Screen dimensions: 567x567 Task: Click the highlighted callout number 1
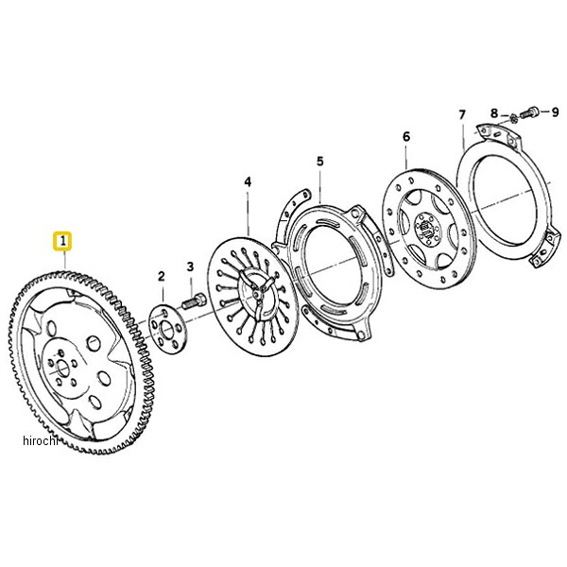(x=62, y=241)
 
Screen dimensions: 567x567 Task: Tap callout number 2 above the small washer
(x=162, y=277)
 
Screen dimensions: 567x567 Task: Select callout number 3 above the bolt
(x=190, y=266)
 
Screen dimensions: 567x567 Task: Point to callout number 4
(x=248, y=181)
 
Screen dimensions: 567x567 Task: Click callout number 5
(x=320, y=161)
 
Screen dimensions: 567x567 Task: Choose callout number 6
(x=406, y=137)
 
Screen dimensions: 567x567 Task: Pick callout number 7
(x=462, y=115)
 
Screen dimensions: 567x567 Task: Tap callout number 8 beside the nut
(x=494, y=113)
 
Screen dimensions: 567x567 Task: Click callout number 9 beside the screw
(x=555, y=112)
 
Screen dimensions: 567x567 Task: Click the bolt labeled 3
(x=194, y=301)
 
